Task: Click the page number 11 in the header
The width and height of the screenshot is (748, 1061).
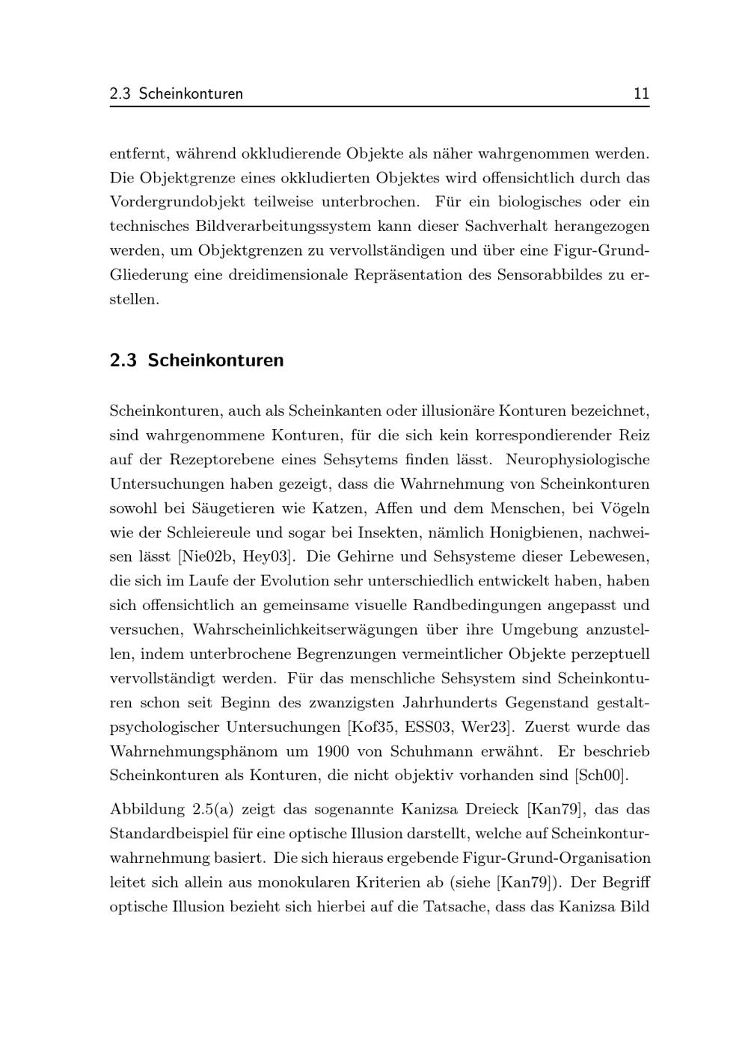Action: point(641,93)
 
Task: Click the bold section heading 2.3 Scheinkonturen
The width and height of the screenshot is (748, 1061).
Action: point(197,360)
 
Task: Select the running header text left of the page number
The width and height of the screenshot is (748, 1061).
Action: point(177,93)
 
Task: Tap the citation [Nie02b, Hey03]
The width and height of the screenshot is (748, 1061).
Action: point(236,556)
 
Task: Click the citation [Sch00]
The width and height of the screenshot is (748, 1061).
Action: point(601,775)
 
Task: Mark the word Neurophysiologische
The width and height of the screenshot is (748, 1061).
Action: point(577,459)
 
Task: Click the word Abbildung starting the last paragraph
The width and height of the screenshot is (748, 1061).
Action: point(147,809)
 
